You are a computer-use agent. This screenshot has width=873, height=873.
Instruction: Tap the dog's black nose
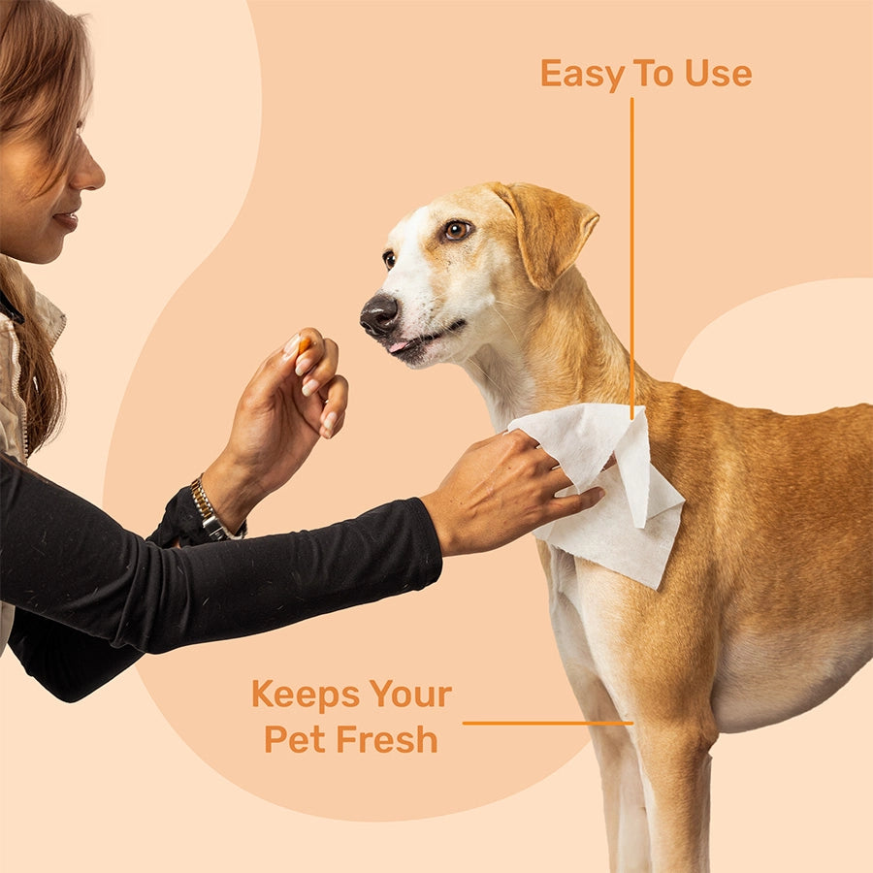coord(379,314)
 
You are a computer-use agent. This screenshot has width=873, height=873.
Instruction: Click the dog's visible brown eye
coord(456,230)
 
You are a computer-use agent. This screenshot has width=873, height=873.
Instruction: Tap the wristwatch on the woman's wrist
coord(210,511)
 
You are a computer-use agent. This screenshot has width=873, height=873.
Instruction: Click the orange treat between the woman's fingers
coord(304,344)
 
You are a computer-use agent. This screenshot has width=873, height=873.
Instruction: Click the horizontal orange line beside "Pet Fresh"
coord(547,723)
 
